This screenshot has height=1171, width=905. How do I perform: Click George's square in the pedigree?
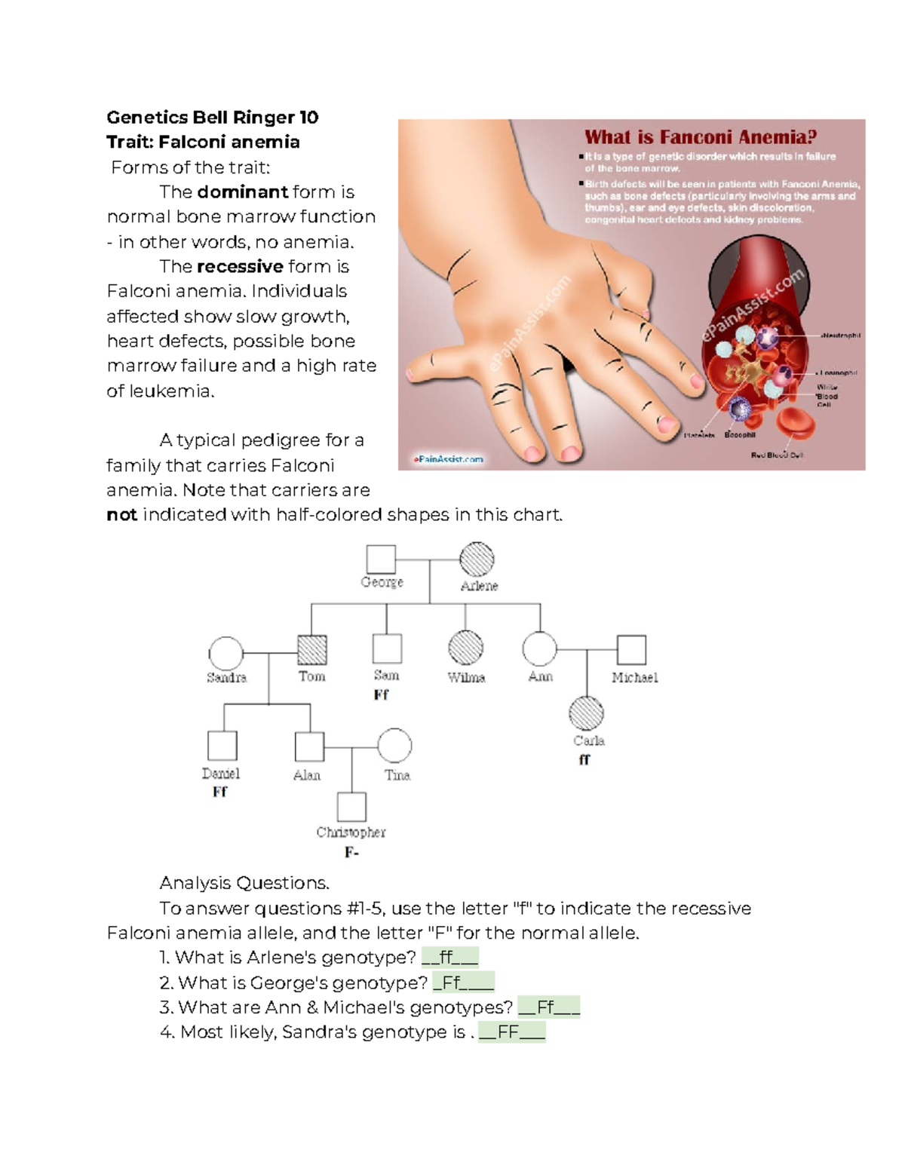click(381, 559)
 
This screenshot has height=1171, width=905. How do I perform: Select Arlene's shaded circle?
click(477, 559)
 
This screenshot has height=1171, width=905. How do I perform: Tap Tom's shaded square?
click(312, 649)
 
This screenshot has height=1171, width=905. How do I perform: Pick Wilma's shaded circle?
click(465, 648)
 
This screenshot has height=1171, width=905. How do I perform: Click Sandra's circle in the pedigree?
click(226, 653)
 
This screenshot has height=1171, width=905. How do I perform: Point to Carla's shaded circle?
click(586, 713)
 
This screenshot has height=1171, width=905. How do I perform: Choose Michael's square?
click(631, 650)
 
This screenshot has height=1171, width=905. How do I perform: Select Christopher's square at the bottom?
click(351, 807)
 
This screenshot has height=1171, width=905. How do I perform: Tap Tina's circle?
click(394, 746)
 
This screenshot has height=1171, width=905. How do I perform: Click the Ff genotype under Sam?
click(382, 695)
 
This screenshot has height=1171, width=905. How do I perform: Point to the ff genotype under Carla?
click(584, 760)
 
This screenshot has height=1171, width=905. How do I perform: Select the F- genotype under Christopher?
click(351, 853)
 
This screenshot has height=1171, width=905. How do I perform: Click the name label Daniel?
click(220, 774)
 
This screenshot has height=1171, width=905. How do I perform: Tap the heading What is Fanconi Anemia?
click(701, 137)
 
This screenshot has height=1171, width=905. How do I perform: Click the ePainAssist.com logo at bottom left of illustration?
click(448, 458)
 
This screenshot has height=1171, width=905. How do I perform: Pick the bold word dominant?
click(242, 192)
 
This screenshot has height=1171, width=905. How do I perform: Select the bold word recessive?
click(240, 267)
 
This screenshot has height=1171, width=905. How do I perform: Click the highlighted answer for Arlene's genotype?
click(449, 958)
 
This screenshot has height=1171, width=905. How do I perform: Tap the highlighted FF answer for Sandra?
click(512, 1032)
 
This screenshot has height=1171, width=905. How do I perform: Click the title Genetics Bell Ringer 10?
click(213, 118)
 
